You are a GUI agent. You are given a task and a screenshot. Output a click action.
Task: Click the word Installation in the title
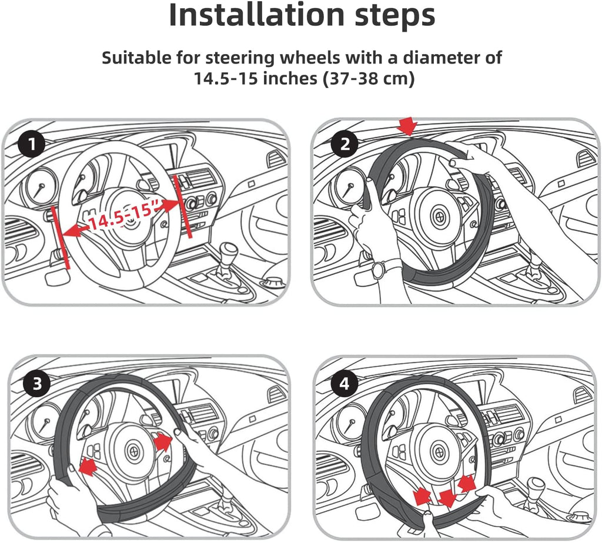[x=256, y=15]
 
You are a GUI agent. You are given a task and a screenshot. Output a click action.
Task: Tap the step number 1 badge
[x=32, y=145]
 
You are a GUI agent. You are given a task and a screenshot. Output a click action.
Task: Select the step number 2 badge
[x=345, y=145]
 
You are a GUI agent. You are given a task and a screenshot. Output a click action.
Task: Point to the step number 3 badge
[x=37, y=383]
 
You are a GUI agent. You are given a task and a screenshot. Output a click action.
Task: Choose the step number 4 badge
[x=345, y=383]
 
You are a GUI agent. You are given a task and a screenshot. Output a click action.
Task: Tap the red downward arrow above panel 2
[x=408, y=126]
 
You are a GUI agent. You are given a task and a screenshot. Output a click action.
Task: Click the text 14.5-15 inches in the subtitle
[x=255, y=78]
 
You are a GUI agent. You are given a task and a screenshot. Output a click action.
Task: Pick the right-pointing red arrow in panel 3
[x=163, y=442]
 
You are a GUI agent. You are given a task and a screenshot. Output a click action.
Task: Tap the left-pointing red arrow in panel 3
[x=88, y=467]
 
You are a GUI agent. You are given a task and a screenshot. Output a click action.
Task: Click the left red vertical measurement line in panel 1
[x=60, y=237]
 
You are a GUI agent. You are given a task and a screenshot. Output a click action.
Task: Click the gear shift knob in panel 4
[x=536, y=487]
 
